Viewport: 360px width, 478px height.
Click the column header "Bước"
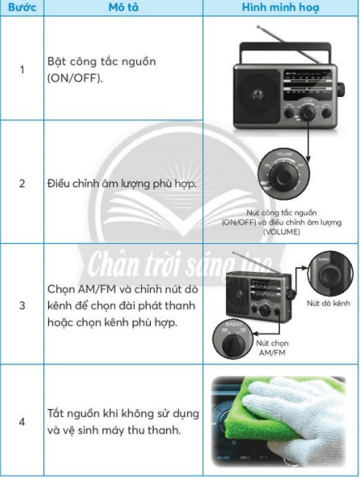coord(21,8)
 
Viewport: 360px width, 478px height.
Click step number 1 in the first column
coord(22,70)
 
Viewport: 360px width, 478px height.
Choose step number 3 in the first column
coord(22,306)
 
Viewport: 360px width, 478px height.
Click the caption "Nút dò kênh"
coord(328,303)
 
